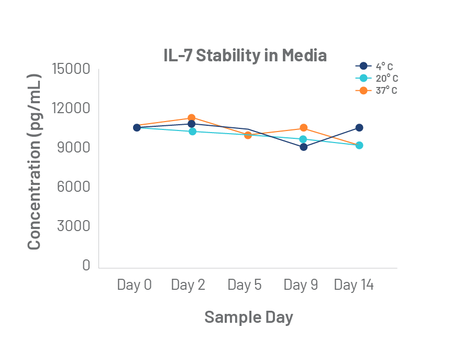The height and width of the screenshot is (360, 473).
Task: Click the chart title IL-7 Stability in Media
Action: [x=245, y=55]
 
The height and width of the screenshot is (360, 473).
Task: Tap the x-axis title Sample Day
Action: [x=248, y=317]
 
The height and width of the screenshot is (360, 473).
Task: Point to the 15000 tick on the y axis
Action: [x=71, y=69]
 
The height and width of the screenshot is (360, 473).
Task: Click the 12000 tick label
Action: [x=71, y=108]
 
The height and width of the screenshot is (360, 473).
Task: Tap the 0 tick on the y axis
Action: [x=86, y=266]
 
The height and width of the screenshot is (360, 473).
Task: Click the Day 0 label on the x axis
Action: [x=135, y=285]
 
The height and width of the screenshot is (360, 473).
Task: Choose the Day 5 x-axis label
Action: [x=245, y=285]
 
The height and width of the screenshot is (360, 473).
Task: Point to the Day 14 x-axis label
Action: [x=354, y=285]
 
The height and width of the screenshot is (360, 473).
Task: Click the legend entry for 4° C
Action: [x=377, y=66]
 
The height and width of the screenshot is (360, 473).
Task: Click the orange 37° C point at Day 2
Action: [x=192, y=118]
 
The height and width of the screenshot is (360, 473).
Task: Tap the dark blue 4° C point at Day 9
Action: [x=303, y=147]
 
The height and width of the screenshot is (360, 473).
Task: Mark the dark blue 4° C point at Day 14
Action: [x=359, y=127]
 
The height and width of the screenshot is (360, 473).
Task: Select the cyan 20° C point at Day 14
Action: [x=359, y=145]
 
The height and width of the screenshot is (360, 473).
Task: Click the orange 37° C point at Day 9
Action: [x=303, y=128]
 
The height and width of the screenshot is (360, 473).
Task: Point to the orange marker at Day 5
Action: [x=248, y=135]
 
